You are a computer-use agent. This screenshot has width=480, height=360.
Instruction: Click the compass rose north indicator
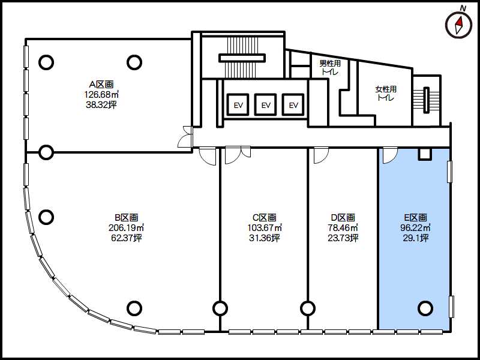point(459,25)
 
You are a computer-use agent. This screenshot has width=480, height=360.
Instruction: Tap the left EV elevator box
point(238,104)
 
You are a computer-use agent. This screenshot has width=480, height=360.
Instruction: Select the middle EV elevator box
point(266,104)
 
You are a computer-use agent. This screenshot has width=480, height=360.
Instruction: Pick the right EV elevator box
point(293,104)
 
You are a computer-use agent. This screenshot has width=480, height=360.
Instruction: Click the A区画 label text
point(101,85)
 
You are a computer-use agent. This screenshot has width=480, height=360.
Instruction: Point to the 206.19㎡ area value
point(127,228)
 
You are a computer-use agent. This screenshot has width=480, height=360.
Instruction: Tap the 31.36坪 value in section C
point(264,238)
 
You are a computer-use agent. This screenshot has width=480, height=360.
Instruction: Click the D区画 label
point(343,218)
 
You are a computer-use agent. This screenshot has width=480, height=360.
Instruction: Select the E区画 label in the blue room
point(415,218)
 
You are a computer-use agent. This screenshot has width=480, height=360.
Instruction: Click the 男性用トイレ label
point(330,68)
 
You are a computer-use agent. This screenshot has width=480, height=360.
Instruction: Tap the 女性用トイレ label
point(386,94)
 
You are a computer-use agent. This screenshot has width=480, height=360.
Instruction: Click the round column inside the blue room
point(425,308)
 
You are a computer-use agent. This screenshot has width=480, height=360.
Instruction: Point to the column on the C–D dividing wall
point(308,308)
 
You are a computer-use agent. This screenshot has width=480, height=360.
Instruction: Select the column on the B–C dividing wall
point(220,308)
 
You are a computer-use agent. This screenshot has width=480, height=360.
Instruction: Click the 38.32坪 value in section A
point(101,104)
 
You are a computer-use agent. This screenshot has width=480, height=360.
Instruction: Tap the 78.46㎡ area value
point(343,228)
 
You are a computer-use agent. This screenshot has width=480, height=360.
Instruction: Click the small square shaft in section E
point(425,154)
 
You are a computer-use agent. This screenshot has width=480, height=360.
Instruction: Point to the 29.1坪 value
point(415,238)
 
